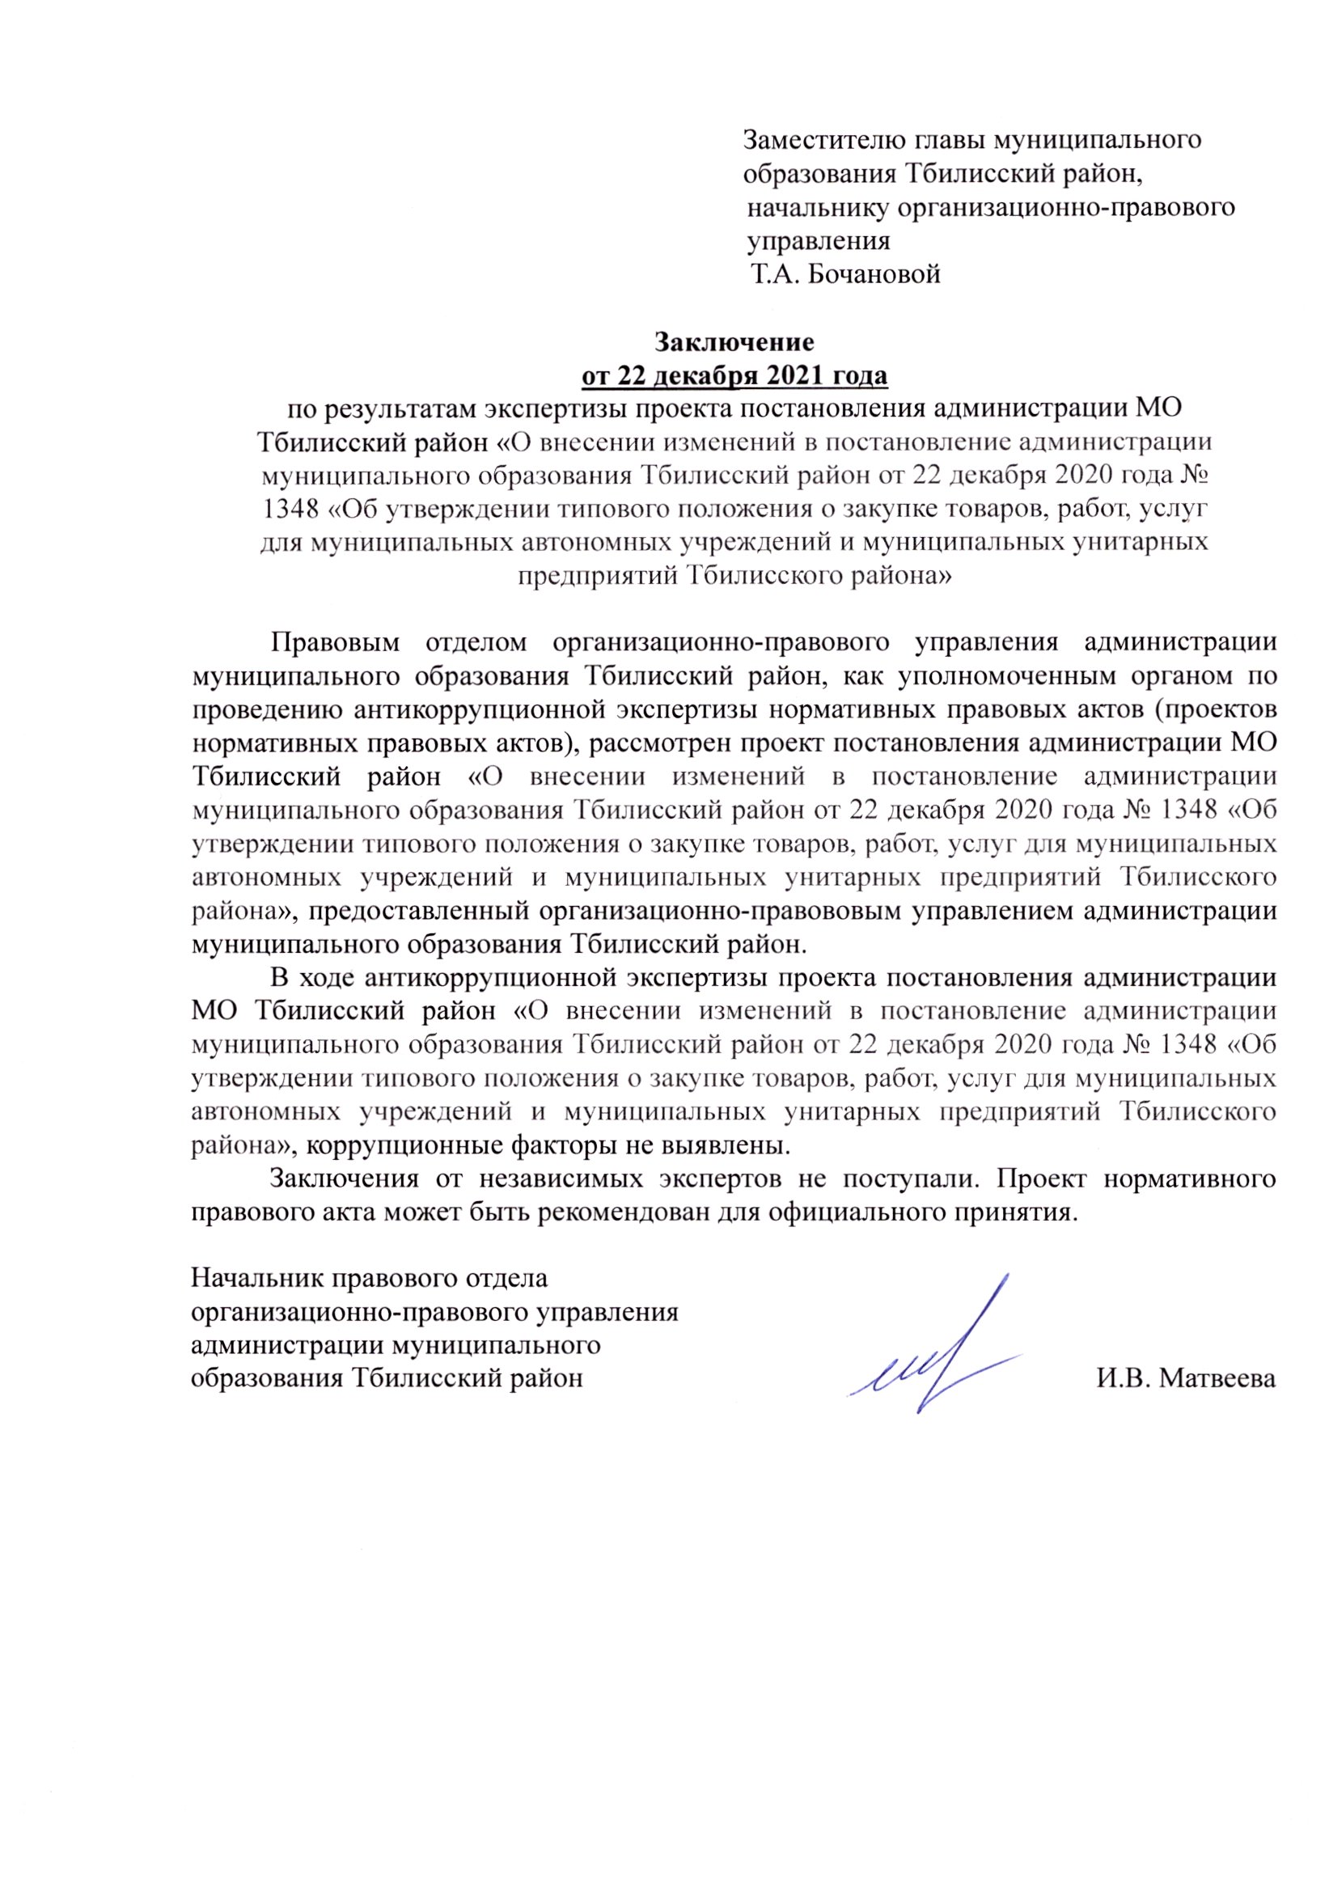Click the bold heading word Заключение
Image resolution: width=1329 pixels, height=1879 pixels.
pos(734,340)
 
